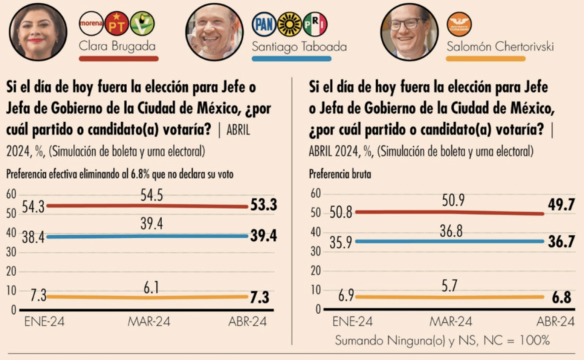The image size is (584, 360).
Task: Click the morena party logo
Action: click(91, 23)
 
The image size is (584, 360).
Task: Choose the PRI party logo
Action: click(315, 23)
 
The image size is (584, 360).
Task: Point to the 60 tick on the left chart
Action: click(11, 194)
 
